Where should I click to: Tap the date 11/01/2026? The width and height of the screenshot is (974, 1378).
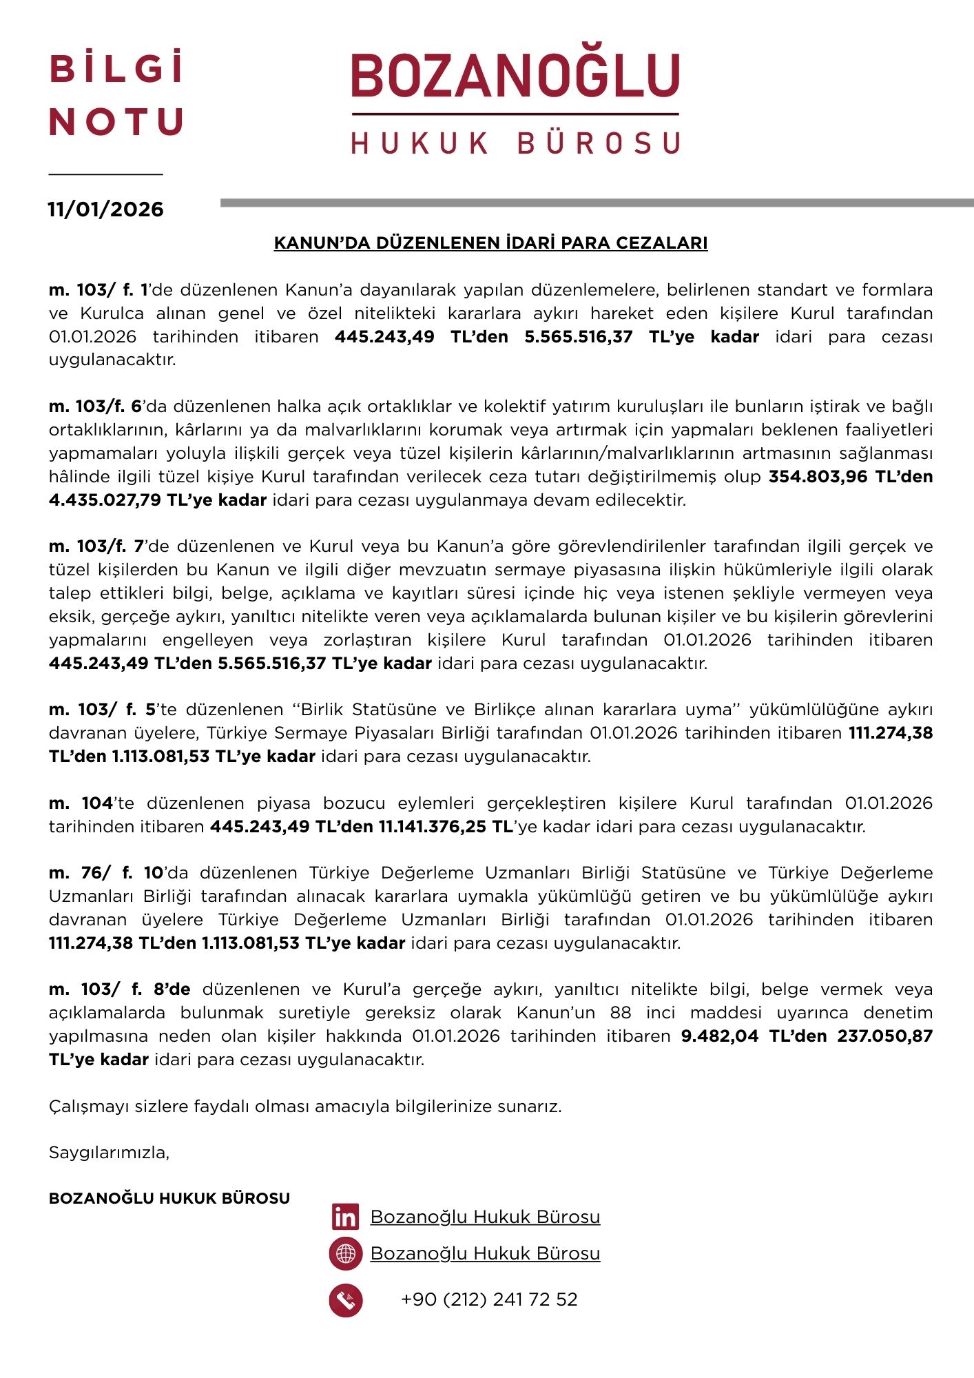pos(105,209)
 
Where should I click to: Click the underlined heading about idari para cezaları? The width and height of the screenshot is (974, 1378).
pos(490,243)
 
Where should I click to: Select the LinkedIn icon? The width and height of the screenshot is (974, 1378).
pos(345,1217)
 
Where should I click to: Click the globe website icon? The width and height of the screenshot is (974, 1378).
pos(346,1253)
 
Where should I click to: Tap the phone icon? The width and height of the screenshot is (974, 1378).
pos(346,1300)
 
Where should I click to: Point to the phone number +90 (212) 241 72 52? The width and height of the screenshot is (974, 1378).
pos(489,1299)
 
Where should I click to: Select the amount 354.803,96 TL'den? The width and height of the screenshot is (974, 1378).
pos(850,477)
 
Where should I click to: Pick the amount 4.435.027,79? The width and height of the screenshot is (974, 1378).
pos(105,500)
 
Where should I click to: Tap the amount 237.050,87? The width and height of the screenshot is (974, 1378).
pos(884,1036)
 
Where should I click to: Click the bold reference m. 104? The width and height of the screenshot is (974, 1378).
pos(81,803)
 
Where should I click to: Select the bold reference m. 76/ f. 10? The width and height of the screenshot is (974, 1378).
pos(105,873)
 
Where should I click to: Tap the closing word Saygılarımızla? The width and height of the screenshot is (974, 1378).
pos(109,1152)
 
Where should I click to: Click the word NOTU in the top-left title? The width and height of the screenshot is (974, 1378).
pos(116,122)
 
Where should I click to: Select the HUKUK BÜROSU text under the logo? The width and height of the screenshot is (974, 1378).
pos(515,143)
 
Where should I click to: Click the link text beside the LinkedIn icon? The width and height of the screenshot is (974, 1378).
pos(485,1217)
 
